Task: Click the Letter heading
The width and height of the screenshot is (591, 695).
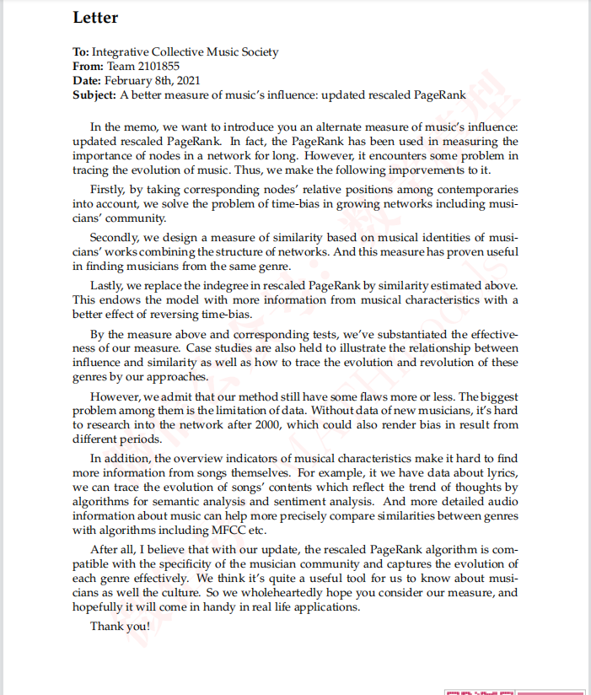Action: [x=95, y=18]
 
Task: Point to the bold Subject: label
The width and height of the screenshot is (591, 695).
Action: [x=95, y=95]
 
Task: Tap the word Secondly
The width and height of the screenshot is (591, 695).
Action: [x=116, y=238]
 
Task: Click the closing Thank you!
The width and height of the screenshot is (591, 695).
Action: [x=121, y=626]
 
